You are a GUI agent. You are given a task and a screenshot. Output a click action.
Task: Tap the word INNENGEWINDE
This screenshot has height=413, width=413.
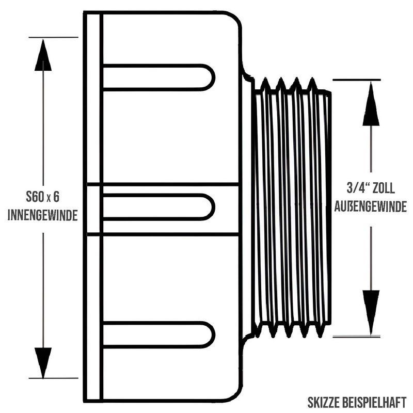(x=42, y=215)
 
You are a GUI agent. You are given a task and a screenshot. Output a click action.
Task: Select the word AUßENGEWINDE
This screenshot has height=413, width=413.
(x=370, y=206)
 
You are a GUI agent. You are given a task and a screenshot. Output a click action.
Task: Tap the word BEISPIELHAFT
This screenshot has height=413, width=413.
(x=374, y=403)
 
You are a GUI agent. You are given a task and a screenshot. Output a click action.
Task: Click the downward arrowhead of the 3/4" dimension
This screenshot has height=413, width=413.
(x=371, y=313)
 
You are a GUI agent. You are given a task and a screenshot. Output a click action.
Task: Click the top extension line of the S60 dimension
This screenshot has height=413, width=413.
(x=54, y=37)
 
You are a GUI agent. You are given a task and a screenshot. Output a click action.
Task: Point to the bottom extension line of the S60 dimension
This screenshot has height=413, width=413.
(x=54, y=378)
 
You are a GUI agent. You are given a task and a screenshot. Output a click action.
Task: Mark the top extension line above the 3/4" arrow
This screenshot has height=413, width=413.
(x=357, y=80)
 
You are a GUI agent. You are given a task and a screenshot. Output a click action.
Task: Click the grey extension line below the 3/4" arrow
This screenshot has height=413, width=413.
(x=357, y=337)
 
